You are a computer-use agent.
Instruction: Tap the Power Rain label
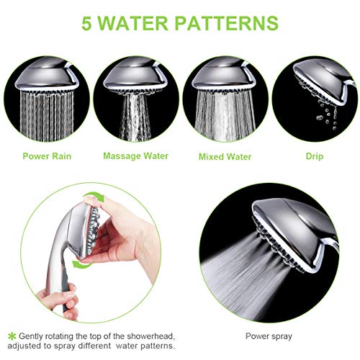[x=48, y=156]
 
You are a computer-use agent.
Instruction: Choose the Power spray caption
[x=268, y=336]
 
